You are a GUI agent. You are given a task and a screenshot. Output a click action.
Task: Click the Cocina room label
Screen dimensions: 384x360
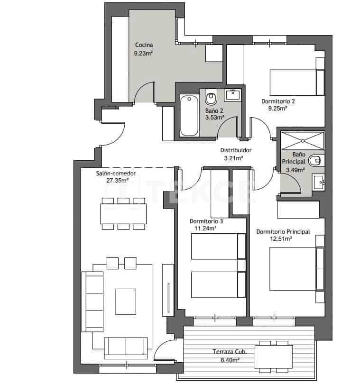pos(144,45)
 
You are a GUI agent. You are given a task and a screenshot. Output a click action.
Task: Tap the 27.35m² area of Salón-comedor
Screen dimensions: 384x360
pos(116,181)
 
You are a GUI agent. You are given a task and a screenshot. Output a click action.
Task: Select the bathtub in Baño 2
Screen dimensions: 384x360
pos(189,115)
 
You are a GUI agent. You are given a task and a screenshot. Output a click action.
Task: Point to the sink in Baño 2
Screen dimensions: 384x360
pos(233,94)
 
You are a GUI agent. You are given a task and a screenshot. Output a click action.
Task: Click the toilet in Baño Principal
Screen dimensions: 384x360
pos(315,160)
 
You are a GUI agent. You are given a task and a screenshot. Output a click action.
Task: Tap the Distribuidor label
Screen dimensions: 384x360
pos(236,150)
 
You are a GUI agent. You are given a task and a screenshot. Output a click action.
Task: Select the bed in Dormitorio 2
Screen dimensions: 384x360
pos(292,82)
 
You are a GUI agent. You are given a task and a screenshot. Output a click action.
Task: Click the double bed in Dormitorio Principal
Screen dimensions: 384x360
pos(293,269)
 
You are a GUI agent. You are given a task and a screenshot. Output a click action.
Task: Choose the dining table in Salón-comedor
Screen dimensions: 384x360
pos(123,213)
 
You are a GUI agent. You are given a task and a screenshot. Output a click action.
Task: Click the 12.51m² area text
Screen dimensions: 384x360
pos(281,239)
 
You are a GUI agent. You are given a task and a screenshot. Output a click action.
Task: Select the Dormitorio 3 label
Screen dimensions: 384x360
pos(206,221)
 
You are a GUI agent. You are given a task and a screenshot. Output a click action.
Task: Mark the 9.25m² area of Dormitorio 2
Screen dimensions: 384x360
pos(278,109)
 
